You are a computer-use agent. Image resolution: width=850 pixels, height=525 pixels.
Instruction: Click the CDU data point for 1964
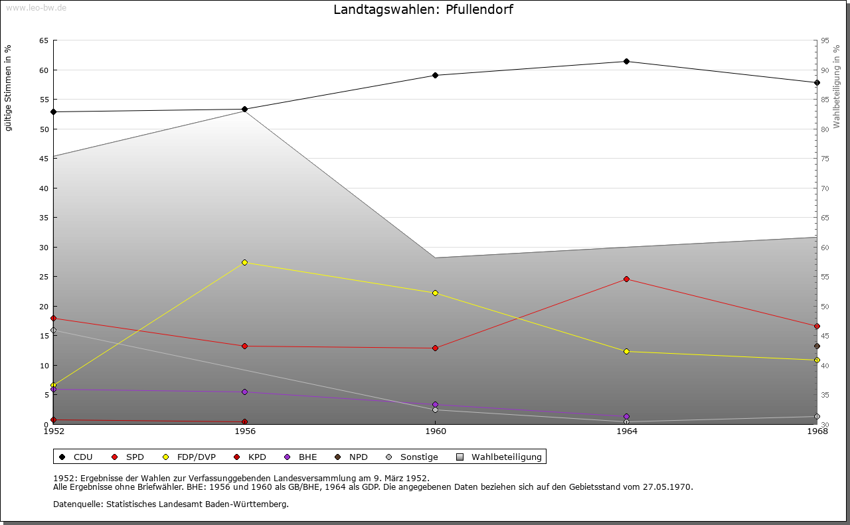pyautogui.click(x=626, y=62)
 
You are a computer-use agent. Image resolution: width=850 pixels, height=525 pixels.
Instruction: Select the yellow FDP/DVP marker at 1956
pyautogui.click(x=245, y=263)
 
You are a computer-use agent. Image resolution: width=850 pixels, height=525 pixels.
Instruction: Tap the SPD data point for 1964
pyautogui.click(x=626, y=279)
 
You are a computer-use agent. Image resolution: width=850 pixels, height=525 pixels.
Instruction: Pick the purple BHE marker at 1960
pyautogui.click(x=436, y=405)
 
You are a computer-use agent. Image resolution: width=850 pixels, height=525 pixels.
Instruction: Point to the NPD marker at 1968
pyautogui.click(x=817, y=346)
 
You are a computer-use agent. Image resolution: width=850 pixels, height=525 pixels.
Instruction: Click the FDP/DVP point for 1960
pyautogui.click(x=436, y=293)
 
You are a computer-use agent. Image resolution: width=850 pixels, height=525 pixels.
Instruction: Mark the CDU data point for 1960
pyautogui.click(x=436, y=76)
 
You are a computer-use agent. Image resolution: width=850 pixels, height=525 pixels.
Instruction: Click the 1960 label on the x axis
pyautogui.click(x=436, y=431)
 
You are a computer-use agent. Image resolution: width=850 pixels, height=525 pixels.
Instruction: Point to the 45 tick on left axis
pyautogui.click(x=43, y=159)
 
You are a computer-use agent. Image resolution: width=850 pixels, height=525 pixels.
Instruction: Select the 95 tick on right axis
pyautogui.click(x=825, y=40)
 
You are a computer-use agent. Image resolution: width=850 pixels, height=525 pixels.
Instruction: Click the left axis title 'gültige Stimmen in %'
pyautogui.click(x=9, y=88)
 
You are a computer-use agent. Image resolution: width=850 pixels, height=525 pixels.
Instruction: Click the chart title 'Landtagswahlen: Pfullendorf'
pyautogui.click(x=423, y=10)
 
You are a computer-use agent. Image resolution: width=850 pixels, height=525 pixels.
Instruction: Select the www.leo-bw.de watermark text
pyautogui.click(x=35, y=7)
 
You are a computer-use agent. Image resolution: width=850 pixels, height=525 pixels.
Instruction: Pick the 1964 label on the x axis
pyautogui.click(x=626, y=431)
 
